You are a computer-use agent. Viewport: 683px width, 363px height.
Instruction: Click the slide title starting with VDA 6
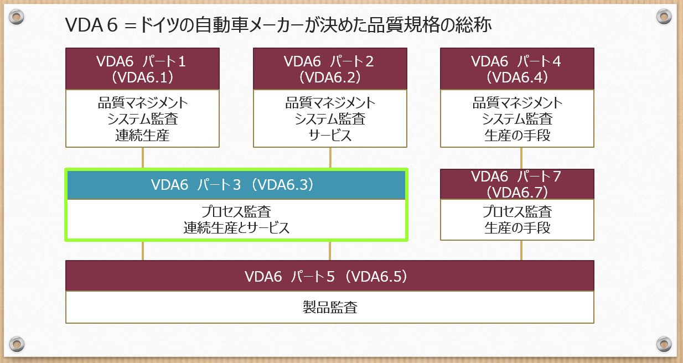pos(278,25)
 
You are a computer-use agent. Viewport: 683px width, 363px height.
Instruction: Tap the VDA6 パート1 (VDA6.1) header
pos(142,69)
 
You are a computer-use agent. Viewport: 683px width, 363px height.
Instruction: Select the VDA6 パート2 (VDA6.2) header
pos(330,69)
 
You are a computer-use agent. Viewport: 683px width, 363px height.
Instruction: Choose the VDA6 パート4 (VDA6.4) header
pos(517,69)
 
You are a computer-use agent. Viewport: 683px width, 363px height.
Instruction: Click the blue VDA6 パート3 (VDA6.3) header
pos(236,185)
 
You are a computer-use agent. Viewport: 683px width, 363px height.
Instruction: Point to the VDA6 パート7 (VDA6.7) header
pos(517,184)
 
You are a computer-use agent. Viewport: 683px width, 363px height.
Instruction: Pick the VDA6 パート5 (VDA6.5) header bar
pos(330,276)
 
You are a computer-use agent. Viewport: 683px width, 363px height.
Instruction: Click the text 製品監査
pos(330,307)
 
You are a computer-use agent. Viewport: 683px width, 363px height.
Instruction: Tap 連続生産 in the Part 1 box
pos(142,136)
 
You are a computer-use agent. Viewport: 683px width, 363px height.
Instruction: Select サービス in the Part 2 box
pos(330,136)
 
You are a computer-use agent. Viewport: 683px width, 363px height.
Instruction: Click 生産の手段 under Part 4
pos(517,136)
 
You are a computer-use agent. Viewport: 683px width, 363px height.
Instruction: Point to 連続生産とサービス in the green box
pos(236,227)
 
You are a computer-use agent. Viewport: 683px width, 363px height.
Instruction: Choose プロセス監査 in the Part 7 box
pos(517,211)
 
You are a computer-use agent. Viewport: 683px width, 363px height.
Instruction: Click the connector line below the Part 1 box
pos(143,158)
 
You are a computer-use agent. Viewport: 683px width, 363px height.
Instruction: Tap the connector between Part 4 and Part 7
pos(521,158)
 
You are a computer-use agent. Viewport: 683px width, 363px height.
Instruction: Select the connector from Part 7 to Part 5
pos(521,250)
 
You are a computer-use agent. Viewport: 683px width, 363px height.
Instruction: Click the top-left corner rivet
pos(17,17)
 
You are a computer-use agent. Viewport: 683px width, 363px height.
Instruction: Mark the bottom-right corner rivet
pos(664,344)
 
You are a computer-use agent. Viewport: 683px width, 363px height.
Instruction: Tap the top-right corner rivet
pos(664,17)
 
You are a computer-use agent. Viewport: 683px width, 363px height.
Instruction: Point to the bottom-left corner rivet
pos(17,344)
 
